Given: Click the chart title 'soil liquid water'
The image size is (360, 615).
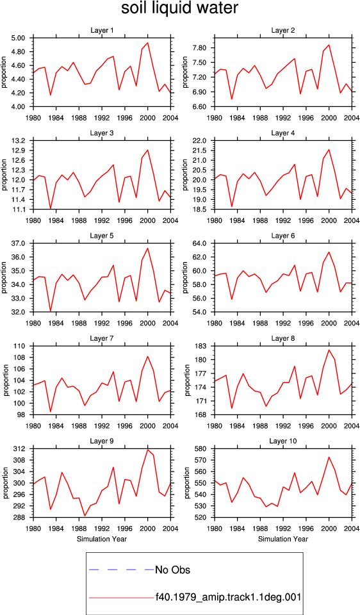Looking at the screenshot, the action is (179, 8).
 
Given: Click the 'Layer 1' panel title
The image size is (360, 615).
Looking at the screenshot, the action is (102, 30).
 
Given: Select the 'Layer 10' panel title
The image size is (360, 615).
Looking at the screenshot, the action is (283, 441).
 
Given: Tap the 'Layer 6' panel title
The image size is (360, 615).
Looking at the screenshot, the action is (283, 236).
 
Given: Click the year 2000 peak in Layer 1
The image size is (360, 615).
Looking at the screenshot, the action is (147, 43).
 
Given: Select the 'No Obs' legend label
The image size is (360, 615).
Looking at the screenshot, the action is (172, 570).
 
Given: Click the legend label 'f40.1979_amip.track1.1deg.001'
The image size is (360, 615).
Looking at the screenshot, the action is (228, 598).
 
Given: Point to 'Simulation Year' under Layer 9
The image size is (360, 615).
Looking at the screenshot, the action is (102, 539).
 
